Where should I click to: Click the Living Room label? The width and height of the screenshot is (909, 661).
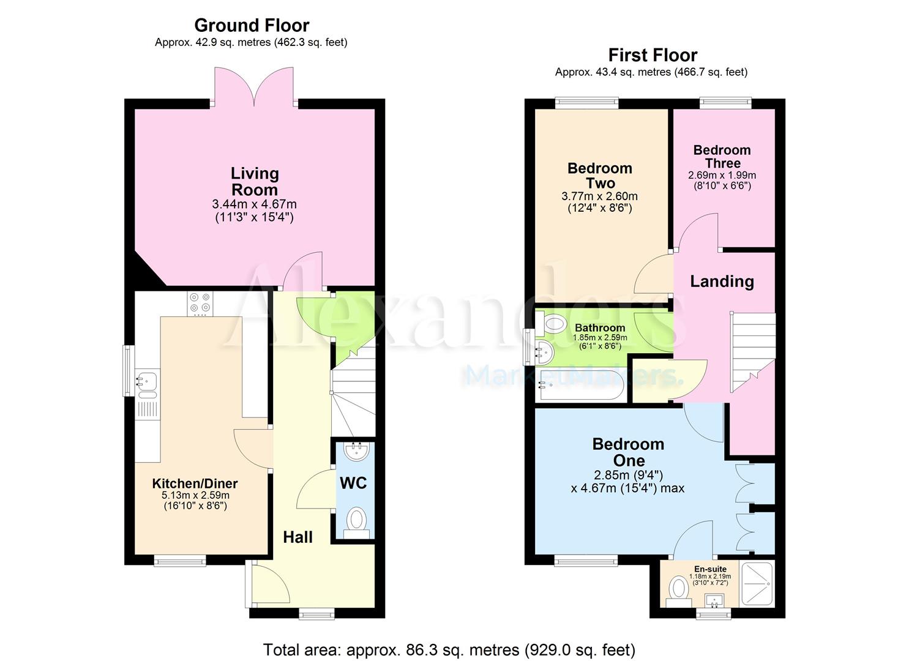tap(255, 181)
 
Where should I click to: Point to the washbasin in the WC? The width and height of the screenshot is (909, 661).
tap(356, 452)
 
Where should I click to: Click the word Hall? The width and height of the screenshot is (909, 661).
tap(297, 537)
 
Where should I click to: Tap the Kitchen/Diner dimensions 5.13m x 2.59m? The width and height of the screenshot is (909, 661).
tap(195, 496)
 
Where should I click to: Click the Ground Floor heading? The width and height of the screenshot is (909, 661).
tap(252, 25)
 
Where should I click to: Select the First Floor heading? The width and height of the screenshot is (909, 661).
tap(653, 55)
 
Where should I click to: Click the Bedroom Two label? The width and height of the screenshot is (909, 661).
tap(599, 176)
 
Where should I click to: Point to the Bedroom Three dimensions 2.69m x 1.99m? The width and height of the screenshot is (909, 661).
tap(722, 175)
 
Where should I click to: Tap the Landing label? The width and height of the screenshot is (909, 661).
tap(722, 282)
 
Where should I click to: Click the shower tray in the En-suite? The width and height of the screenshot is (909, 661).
tap(758, 583)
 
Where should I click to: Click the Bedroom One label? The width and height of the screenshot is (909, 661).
tap(628, 452)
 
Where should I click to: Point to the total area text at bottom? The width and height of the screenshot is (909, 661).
tap(449, 649)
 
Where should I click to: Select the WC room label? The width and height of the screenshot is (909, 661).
tap(353, 483)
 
